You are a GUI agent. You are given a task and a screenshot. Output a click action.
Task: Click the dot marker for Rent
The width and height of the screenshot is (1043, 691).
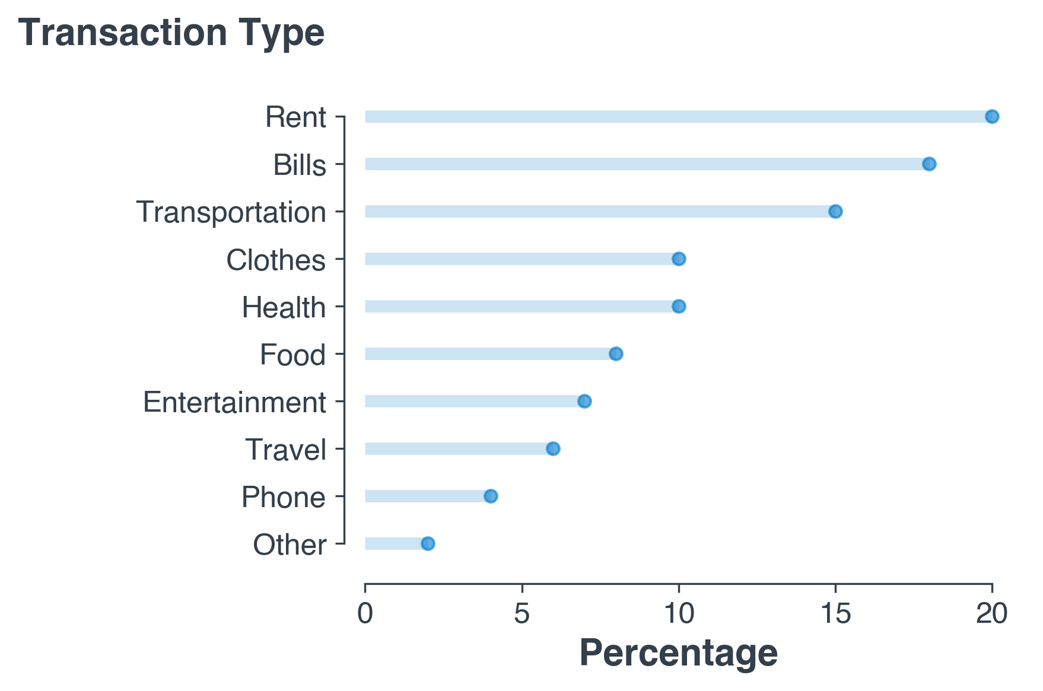pyautogui.click(x=992, y=116)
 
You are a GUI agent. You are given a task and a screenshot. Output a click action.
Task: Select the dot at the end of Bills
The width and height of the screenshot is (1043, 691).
pyautogui.click(x=929, y=164)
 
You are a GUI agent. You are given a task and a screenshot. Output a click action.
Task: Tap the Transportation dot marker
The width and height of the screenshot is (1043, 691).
pyautogui.click(x=835, y=211)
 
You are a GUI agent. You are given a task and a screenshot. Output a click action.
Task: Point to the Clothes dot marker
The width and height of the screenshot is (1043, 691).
pyautogui.click(x=679, y=259)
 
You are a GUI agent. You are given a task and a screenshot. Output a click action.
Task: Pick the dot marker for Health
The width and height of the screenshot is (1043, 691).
pyautogui.click(x=679, y=306)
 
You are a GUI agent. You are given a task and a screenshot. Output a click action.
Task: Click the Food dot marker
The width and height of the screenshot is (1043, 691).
pyautogui.click(x=616, y=354)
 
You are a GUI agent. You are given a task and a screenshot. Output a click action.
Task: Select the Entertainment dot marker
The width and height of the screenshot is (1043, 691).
pyautogui.click(x=584, y=401)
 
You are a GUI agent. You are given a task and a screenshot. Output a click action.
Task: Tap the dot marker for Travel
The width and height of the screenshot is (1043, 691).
pyautogui.click(x=553, y=448)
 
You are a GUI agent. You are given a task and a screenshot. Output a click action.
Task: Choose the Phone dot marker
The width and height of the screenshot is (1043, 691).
pyautogui.click(x=491, y=496)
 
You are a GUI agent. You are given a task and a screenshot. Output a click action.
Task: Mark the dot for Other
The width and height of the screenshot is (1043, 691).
pyautogui.click(x=428, y=543)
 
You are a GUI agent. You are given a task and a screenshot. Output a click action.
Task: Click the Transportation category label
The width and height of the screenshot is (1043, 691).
pyautogui.click(x=231, y=212)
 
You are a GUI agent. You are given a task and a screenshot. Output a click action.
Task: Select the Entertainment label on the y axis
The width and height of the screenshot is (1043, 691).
pyautogui.click(x=234, y=402)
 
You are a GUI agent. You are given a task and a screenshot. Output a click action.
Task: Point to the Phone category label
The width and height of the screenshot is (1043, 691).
pyautogui.click(x=284, y=497)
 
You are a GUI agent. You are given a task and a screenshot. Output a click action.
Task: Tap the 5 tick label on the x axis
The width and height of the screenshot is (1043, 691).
pyautogui.click(x=521, y=614)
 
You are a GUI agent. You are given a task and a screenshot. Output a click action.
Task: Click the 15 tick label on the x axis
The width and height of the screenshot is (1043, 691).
pyautogui.click(x=835, y=614)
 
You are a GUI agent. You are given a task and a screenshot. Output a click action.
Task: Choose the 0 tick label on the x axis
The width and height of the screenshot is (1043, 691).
pyautogui.click(x=365, y=614)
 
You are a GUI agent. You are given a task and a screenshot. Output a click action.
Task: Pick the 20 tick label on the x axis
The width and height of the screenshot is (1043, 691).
pyautogui.click(x=992, y=614)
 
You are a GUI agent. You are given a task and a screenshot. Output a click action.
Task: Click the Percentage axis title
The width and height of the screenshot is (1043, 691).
pyautogui.click(x=678, y=653)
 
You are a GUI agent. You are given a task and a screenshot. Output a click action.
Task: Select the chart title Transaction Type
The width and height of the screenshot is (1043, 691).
pyautogui.click(x=171, y=33)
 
